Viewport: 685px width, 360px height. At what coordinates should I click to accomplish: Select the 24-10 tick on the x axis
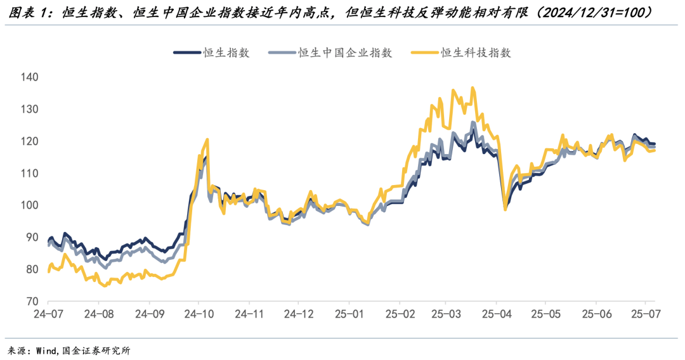click(199, 314)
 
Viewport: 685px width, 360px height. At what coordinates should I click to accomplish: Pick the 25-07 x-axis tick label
click(644, 314)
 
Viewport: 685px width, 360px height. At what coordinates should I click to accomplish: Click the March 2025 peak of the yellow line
click(473, 88)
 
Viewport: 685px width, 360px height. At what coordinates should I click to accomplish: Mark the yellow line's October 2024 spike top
click(207, 139)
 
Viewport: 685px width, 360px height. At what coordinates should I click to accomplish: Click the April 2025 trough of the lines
click(505, 209)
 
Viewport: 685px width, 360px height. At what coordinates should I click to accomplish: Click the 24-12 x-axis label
click(298, 314)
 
